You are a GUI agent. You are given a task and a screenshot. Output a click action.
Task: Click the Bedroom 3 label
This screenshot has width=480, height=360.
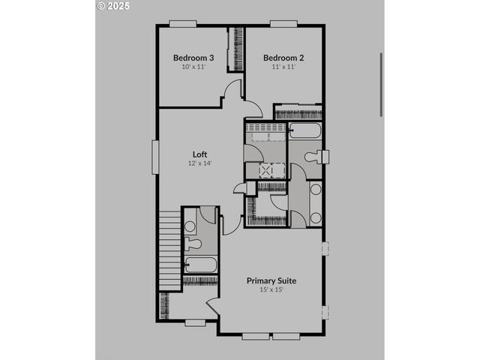(194, 58)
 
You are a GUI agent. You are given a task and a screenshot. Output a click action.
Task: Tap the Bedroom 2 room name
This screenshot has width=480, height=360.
(283, 58)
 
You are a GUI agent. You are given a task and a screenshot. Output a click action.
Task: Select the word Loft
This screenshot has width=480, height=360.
(199, 154)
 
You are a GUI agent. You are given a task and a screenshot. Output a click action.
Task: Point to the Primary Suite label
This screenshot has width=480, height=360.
(271, 280)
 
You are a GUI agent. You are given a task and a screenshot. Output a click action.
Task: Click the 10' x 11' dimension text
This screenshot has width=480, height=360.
(193, 67)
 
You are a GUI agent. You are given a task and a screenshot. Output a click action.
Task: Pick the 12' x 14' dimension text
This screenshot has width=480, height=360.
(199, 163)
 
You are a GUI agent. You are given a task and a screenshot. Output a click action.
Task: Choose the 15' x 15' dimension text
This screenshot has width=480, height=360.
(271, 289)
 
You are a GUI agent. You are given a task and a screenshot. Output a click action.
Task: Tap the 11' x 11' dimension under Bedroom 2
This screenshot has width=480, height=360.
(283, 67)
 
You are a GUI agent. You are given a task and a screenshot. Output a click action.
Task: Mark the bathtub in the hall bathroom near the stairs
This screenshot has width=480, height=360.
(200, 265)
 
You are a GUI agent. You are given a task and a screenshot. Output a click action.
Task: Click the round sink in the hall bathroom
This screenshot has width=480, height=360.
(190, 225)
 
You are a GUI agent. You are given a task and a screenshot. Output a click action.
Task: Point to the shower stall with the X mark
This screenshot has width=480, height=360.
(268, 170)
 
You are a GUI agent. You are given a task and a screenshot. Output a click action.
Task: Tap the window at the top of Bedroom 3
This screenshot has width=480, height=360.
(182, 24)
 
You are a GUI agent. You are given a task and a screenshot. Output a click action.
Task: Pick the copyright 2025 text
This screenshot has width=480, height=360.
(114, 6)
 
